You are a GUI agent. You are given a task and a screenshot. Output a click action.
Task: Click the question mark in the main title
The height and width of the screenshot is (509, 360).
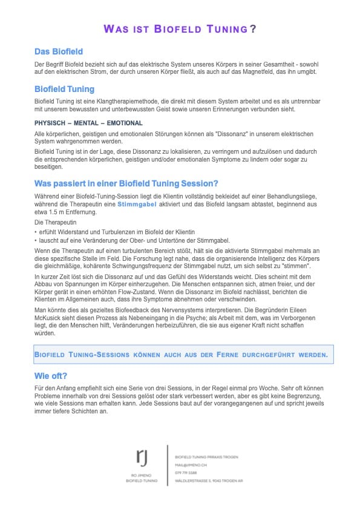(252, 28)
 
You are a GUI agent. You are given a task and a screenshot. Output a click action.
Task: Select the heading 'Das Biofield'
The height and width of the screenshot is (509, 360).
(59, 51)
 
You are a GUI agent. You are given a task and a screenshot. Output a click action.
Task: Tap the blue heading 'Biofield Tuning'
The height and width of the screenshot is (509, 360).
(64, 89)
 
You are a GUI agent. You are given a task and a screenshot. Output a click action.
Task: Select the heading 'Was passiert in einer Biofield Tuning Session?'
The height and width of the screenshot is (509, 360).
(126, 183)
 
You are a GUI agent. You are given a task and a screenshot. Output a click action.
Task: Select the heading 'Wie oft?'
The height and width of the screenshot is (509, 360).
(51, 375)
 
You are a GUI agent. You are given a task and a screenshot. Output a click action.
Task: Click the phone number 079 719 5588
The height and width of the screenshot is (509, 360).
(186, 472)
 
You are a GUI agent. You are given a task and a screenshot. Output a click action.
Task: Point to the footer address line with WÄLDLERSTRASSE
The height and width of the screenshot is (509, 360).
(208, 480)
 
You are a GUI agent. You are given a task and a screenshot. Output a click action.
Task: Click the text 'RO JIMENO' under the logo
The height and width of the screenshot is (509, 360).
(142, 476)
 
